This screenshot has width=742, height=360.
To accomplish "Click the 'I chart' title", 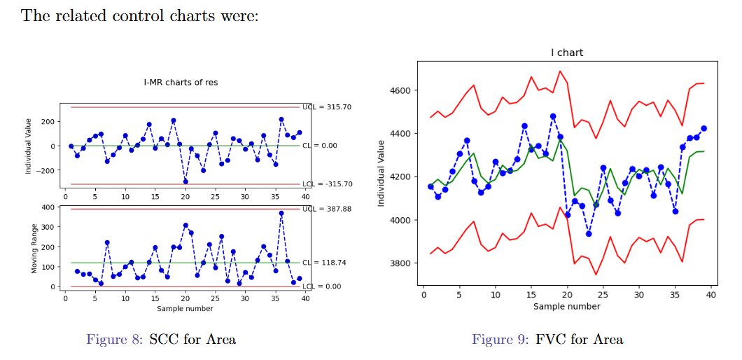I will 566,53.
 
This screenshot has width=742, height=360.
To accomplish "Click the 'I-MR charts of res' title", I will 181,82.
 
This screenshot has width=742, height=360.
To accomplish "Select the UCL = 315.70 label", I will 327,107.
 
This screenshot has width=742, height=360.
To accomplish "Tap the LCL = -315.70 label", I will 328,184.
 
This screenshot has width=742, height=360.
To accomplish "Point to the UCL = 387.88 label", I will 327,209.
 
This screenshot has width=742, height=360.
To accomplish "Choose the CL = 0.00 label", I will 320,146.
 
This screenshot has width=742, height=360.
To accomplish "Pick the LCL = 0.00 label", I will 321,286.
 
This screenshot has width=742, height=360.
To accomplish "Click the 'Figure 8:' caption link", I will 115,340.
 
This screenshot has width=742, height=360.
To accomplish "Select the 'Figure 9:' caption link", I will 500,340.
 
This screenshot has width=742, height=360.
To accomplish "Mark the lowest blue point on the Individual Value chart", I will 185,181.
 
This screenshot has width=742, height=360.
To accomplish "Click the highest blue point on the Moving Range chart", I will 281,213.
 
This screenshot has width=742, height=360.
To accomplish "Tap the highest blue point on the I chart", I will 553,116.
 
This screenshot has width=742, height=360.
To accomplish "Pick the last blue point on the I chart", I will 703,128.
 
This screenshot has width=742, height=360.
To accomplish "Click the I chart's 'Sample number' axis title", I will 566,306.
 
